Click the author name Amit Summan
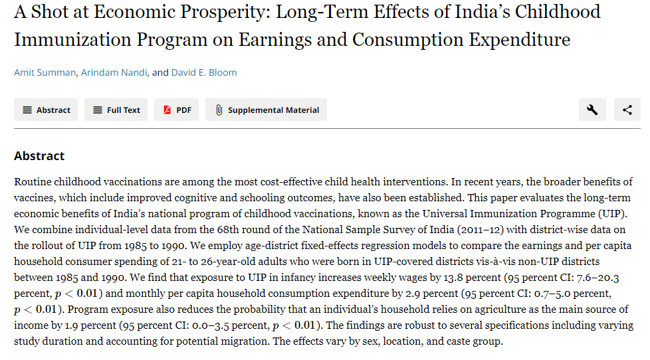[45, 72]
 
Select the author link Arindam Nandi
[114, 72]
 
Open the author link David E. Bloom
[203, 72]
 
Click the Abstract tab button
[46, 110]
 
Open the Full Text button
[116, 110]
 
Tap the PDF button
[177, 110]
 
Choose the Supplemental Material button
[266, 110]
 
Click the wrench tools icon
[592, 110]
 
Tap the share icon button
[627, 110]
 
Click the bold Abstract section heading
[39, 156]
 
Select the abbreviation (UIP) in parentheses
[611, 213]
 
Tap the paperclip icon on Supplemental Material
[218, 110]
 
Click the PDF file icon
[167, 110]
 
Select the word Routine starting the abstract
[32, 181]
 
